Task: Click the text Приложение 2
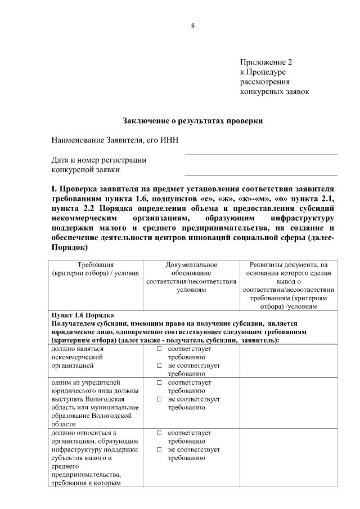pyautogui.click(x=266, y=62)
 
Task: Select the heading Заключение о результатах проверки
pyautogui.click(x=193, y=120)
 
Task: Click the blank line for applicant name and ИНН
pyautogui.click(x=261, y=153)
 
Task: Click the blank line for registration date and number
pyautogui.click(x=261, y=174)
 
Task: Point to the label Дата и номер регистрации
pyautogui.click(x=99, y=160)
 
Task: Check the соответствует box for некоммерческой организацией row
pyautogui.click(x=160, y=349)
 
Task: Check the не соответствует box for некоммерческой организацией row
pyautogui.click(x=160, y=366)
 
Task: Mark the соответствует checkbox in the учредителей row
pyautogui.click(x=160, y=382)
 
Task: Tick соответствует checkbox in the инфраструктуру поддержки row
pyautogui.click(x=160, y=433)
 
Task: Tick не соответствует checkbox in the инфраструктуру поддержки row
pyautogui.click(x=160, y=450)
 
